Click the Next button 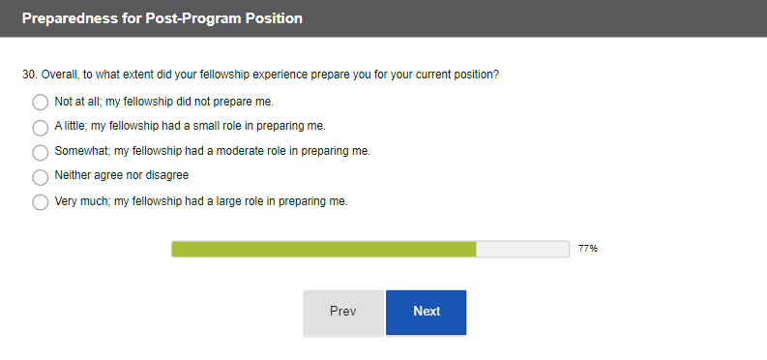[x=426, y=313]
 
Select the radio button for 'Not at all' [x=40, y=103]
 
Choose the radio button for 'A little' [x=40, y=128]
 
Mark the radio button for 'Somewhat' [x=40, y=152]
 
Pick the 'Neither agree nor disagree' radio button [x=40, y=177]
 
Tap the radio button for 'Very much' [x=40, y=202]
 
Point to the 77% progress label [x=588, y=249]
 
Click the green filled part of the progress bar [x=324, y=249]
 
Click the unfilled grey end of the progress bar [x=522, y=249]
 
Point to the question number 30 [x=29, y=75]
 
